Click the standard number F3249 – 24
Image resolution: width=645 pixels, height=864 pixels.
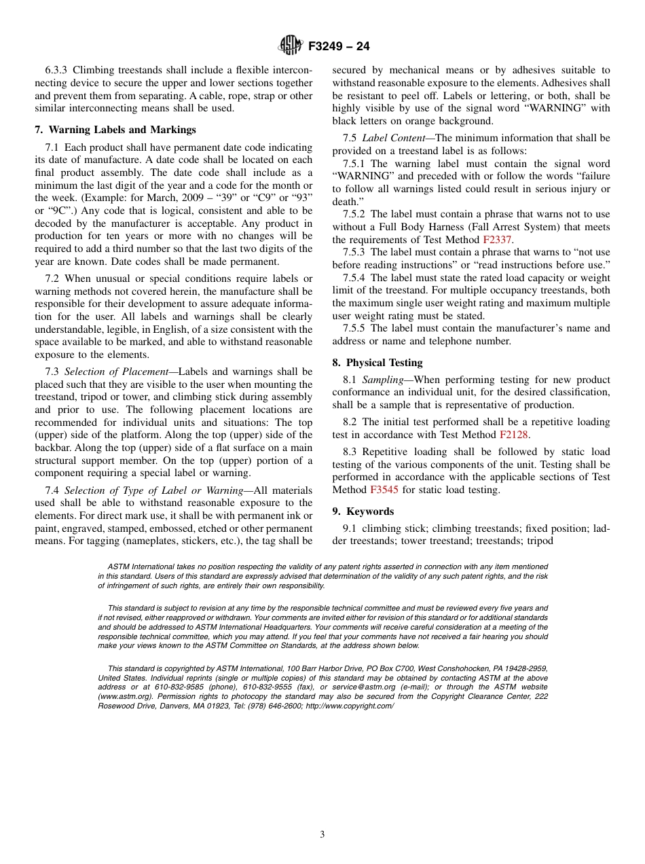coord(338,46)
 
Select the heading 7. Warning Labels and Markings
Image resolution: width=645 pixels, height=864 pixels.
coord(115,130)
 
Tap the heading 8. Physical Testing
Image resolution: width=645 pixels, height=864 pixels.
coord(377,363)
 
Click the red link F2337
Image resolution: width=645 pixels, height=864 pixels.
coord(498,240)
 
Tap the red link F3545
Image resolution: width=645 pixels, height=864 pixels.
coord(384,490)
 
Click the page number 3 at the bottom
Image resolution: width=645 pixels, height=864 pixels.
coord(322,835)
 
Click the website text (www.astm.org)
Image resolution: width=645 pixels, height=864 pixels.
coord(122,697)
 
